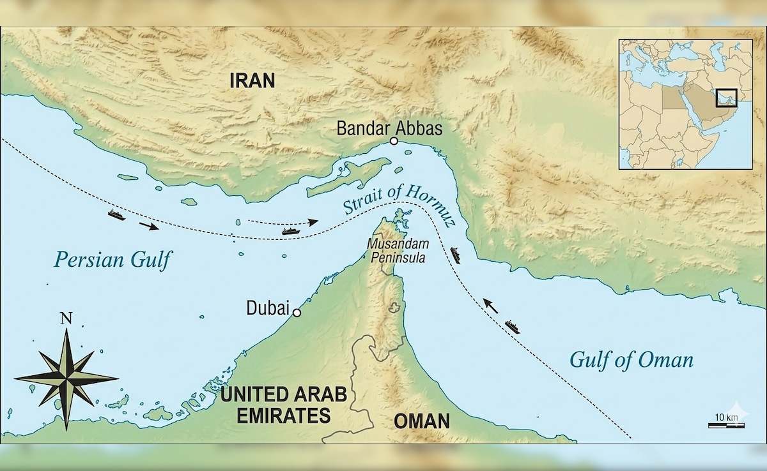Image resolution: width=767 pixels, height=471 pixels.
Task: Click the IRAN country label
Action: (x=252, y=80)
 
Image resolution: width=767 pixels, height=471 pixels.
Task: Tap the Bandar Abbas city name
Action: (x=389, y=128)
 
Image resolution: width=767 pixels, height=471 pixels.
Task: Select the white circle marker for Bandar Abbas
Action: (x=394, y=141)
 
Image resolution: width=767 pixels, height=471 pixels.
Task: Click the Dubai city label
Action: (x=268, y=308)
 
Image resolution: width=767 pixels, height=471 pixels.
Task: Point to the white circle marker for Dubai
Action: (x=297, y=313)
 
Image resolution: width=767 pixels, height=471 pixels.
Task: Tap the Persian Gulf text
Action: (x=114, y=259)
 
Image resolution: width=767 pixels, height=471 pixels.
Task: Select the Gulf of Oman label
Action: (x=631, y=360)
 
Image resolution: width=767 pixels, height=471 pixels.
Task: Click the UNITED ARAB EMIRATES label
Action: (x=284, y=405)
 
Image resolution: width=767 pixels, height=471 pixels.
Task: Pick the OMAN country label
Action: (x=421, y=421)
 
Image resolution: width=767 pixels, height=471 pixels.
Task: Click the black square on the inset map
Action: (x=726, y=98)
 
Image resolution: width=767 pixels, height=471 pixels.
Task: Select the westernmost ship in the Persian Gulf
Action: (x=116, y=214)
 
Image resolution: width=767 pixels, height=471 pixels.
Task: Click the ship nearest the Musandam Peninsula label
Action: (x=455, y=255)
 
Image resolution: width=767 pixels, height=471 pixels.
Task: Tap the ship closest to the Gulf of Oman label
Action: (x=513, y=327)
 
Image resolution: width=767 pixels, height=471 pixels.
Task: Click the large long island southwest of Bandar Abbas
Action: (x=348, y=179)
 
